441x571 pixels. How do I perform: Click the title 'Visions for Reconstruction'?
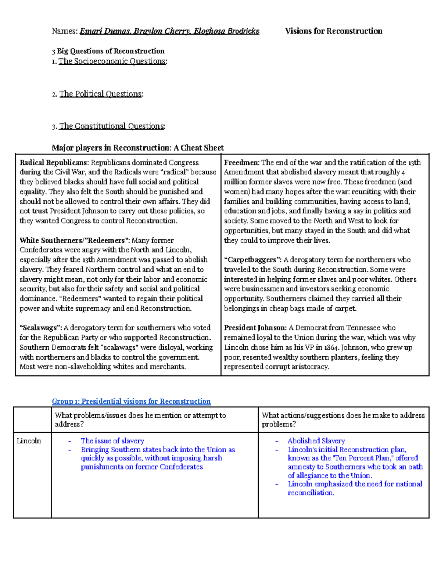(x=333, y=31)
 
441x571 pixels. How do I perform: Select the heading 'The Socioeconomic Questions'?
(x=112, y=61)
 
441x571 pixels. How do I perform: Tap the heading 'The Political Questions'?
(x=100, y=94)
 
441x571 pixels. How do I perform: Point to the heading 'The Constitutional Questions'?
(x=112, y=126)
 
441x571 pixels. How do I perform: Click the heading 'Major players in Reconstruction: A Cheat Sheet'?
(x=137, y=148)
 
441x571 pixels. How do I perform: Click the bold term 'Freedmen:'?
(x=242, y=163)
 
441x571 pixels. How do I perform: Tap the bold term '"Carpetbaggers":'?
(x=253, y=260)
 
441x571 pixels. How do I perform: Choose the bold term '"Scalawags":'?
(x=41, y=328)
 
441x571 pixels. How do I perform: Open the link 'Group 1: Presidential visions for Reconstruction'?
(x=131, y=402)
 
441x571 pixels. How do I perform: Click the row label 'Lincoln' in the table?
(x=29, y=441)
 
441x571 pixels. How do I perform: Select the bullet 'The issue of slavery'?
(x=112, y=441)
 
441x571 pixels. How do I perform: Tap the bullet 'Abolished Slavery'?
(x=316, y=441)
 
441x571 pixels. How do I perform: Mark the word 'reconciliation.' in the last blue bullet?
(x=311, y=493)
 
